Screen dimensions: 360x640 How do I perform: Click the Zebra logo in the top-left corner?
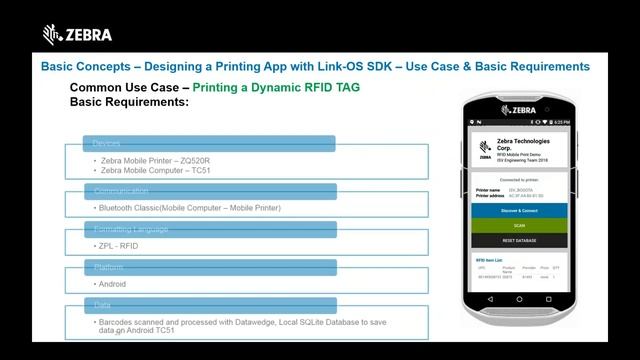click(x=77, y=35)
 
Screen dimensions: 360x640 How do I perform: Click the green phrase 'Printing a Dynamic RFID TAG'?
click(x=276, y=88)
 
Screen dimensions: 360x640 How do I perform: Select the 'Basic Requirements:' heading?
click(x=129, y=102)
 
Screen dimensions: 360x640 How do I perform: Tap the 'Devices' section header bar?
click(x=208, y=143)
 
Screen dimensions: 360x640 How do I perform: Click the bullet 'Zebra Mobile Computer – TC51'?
click(x=154, y=170)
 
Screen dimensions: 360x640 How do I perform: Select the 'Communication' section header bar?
click(x=208, y=191)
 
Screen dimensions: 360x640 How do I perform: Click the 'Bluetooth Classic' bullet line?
click(x=189, y=208)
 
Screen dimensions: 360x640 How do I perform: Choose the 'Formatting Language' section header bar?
click(x=208, y=230)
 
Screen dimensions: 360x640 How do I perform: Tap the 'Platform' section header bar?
click(x=208, y=268)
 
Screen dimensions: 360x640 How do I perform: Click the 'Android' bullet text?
click(x=112, y=284)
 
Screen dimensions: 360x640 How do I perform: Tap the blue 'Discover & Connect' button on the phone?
click(x=519, y=211)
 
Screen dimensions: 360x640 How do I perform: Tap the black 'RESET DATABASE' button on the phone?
click(x=519, y=240)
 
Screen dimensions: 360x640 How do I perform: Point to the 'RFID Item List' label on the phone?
click(x=494, y=260)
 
